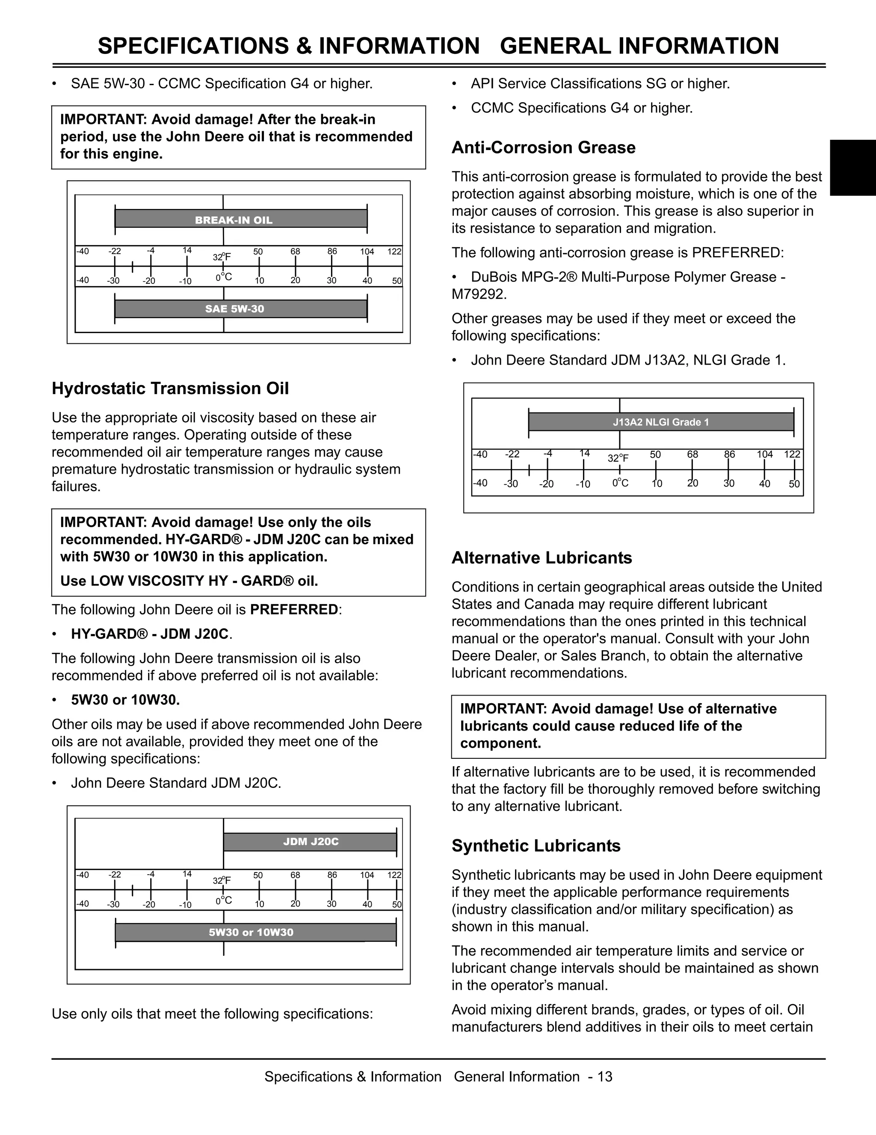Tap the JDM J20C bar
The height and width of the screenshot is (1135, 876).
pyautogui.click(x=311, y=841)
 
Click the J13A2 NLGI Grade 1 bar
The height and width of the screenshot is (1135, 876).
pyautogui.click(x=661, y=422)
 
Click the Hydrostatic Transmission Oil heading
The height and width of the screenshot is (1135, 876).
pyautogui.click(x=170, y=389)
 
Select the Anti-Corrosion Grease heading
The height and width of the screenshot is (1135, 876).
pyautogui.click(x=543, y=147)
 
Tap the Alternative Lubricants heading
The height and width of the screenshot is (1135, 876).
pyautogui.click(x=541, y=557)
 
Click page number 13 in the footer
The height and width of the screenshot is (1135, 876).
pyautogui.click(x=605, y=1076)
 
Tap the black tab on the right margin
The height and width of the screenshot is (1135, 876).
pyautogui.click(x=852, y=167)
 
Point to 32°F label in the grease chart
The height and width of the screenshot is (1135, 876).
pyautogui.click(x=618, y=458)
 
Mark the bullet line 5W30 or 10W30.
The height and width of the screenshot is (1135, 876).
pyautogui.click(x=125, y=700)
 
